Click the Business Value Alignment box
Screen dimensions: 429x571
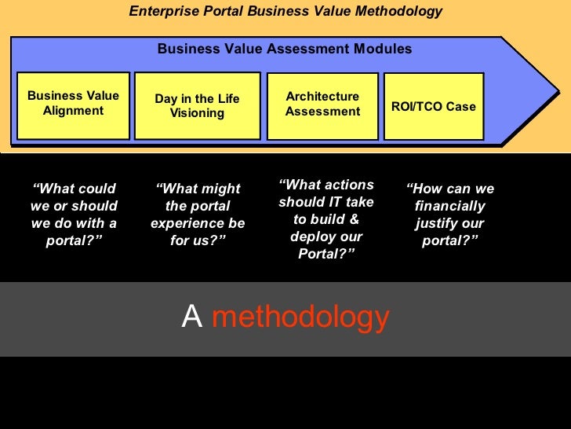73,104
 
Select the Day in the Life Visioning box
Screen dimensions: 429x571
197,106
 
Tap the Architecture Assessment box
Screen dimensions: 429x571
322,104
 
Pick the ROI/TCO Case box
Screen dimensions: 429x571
434,106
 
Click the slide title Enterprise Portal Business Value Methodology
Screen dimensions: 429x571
285,12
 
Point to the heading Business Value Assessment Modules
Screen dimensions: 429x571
285,49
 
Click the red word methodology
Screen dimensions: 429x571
300,317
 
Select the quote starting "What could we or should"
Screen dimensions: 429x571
74,214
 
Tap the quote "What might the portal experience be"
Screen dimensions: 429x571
198,214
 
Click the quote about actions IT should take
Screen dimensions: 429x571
326,219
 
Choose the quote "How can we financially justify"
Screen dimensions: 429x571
450,214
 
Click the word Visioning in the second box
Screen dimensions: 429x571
197,113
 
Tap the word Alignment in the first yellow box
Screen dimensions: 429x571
73,111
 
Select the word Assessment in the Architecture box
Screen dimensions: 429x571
322,112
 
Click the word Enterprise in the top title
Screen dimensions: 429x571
161,12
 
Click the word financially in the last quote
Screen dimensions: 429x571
450,207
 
